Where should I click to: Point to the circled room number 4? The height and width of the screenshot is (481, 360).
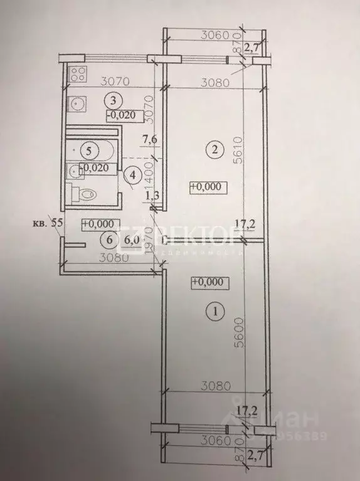(x=132, y=176)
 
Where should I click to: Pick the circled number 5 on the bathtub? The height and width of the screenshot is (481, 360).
(x=90, y=151)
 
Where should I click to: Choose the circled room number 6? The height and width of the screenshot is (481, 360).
(x=110, y=238)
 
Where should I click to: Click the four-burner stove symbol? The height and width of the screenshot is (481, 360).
(x=78, y=74)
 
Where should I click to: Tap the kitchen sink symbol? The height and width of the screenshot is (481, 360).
(x=78, y=101)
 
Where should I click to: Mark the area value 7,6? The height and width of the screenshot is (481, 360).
(x=149, y=139)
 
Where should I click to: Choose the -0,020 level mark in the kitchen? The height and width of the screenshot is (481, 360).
(x=119, y=115)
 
